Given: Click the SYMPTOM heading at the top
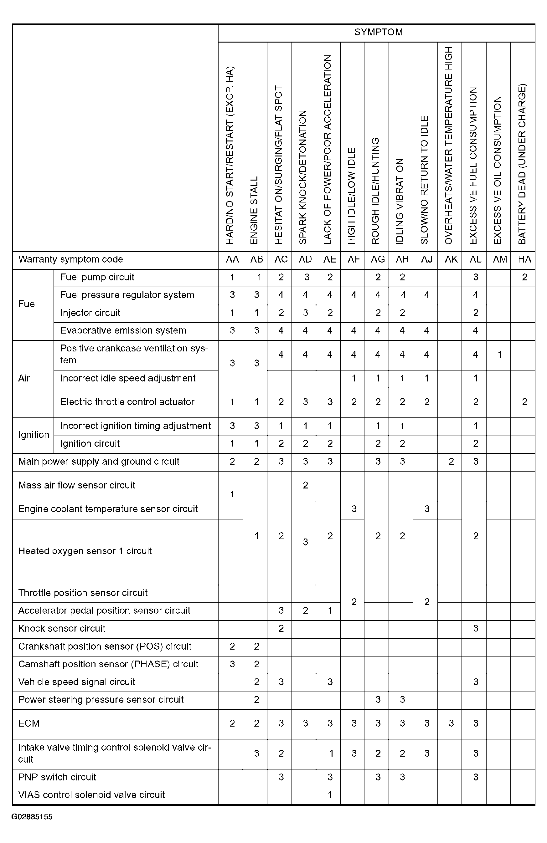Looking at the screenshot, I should pyautogui.click(x=378, y=32).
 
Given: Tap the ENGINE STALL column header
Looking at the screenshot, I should pyautogui.click(x=254, y=210).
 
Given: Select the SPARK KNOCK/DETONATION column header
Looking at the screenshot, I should pyautogui.click(x=303, y=177).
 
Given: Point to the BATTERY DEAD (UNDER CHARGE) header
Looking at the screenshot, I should pyautogui.click(x=522, y=164).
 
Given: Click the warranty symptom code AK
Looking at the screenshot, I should pyautogui.click(x=451, y=259).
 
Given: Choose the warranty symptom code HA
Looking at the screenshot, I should pyautogui.click(x=524, y=259).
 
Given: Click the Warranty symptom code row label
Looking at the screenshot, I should pyautogui.click(x=70, y=259).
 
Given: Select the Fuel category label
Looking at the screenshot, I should pyautogui.click(x=28, y=304).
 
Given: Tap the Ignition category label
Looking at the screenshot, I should pyautogui.click(x=34, y=435).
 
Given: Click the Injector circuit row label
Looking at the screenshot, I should pyautogui.click(x=90, y=313).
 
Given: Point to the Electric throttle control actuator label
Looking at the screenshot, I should pyautogui.click(x=127, y=402).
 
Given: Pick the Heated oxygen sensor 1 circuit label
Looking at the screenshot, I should pyautogui.click(x=85, y=551).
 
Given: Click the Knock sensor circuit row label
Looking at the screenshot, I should pyautogui.click(x=62, y=628).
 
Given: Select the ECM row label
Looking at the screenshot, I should pyautogui.click(x=29, y=723).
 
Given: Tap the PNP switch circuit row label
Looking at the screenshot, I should pyautogui.click(x=57, y=777).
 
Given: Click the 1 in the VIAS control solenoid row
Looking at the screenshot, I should pyautogui.click(x=330, y=795).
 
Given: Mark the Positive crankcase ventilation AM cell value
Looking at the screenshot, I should pyautogui.click(x=499, y=354).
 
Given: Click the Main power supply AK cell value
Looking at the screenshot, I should pyautogui.click(x=451, y=462).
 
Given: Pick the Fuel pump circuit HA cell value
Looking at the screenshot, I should pyautogui.click(x=524, y=277).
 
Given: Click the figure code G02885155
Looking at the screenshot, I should pyautogui.click(x=32, y=817).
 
